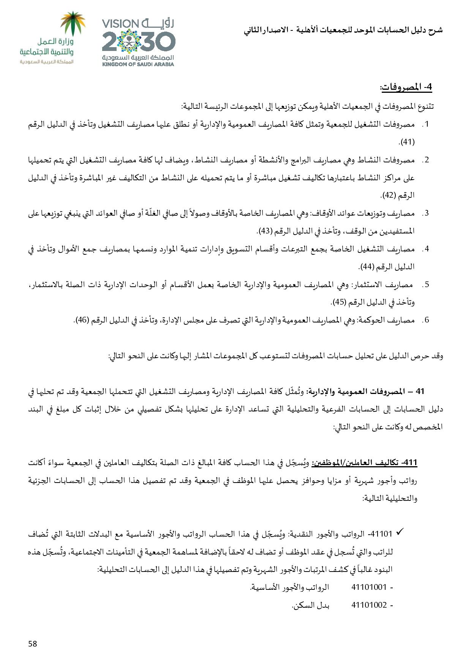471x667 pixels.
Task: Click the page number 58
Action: tap(33, 643)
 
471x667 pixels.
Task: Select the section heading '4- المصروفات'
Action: tap(406, 87)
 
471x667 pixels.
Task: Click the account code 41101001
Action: tap(369, 587)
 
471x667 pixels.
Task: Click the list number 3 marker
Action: tap(426, 213)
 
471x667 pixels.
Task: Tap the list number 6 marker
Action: tap(426, 320)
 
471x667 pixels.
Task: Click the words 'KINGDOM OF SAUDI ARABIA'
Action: tap(138, 64)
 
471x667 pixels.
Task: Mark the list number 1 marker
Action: tap(426, 124)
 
